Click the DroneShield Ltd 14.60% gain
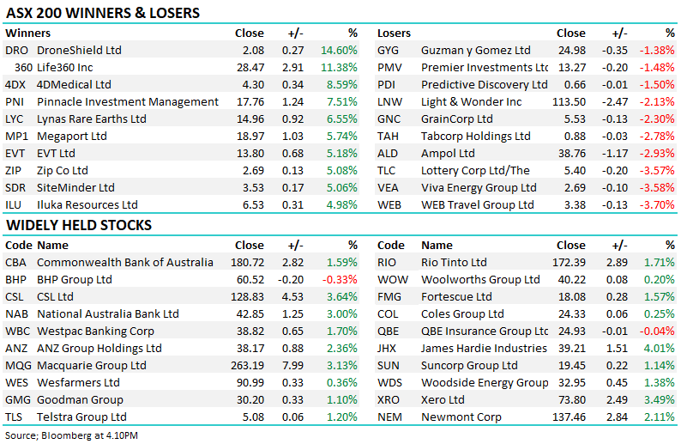point(339,50)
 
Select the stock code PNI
point(15,101)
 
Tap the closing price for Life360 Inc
point(250,67)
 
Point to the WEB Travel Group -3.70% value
point(657,204)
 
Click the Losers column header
point(394,33)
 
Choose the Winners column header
point(27,33)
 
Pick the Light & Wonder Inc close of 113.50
point(569,101)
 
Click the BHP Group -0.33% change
point(340,280)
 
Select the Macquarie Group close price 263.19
point(247,365)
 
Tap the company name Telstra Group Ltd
point(81,417)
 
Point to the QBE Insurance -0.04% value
point(657,331)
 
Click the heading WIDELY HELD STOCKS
point(79,225)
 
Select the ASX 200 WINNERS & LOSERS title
point(103,13)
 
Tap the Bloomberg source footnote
point(71,435)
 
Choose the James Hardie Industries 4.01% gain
point(660,349)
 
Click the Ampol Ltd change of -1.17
point(615,154)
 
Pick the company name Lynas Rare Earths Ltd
point(92,119)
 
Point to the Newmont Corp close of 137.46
point(569,417)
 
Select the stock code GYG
point(388,51)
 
